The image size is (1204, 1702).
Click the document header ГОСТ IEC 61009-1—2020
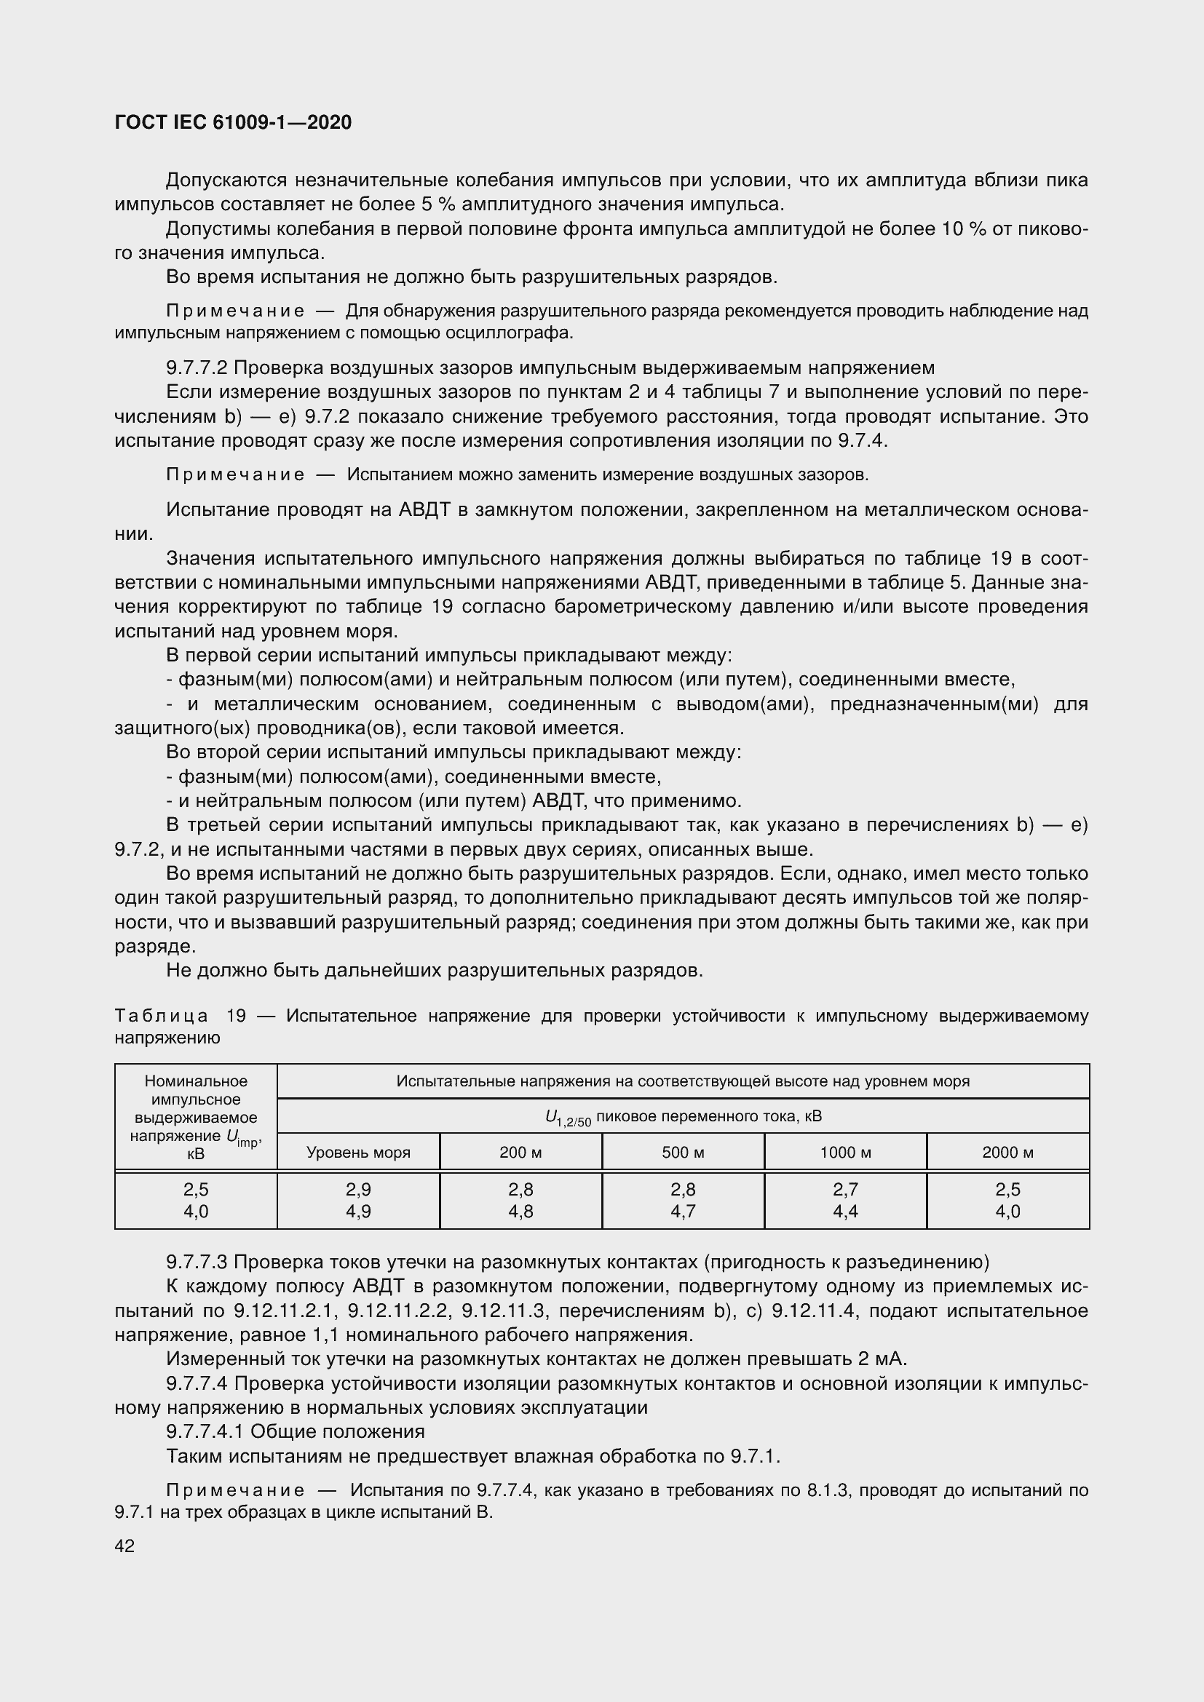tap(233, 122)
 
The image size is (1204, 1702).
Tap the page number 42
tap(124, 1546)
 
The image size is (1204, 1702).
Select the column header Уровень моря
tap(358, 1152)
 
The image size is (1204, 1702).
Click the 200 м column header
tap(520, 1152)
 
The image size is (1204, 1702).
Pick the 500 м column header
tap(683, 1152)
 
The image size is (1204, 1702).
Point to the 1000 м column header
tap(845, 1152)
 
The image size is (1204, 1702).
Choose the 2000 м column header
tap(1007, 1152)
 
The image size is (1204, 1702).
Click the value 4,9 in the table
tap(358, 1212)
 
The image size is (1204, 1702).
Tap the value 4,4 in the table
tap(845, 1212)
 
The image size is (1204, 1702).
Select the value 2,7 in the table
tap(845, 1189)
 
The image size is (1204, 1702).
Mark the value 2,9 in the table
tap(358, 1189)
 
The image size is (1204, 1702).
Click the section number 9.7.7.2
tap(197, 367)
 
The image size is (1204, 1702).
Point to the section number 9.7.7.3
tap(197, 1262)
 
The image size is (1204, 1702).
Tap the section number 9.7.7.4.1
tap(205, 1431)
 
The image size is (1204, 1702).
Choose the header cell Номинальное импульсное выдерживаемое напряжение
tap(196, 1116)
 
